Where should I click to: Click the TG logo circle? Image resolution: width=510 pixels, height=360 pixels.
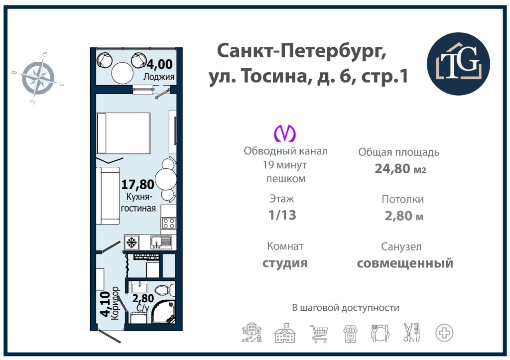(x=458, y=64)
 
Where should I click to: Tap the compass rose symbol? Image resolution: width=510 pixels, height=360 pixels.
(x=38, y=78)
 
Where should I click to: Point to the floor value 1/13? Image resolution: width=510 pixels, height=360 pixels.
(x=282, y=215)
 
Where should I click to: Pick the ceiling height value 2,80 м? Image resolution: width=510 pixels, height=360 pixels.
(x=404, y=216)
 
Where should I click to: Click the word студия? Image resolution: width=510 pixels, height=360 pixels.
(x=285, y=263)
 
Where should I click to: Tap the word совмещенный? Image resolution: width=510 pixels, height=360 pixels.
(x=405, y=263)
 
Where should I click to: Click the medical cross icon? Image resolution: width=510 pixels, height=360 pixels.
(x=444, y=333)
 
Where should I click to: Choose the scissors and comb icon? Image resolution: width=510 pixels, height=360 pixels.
(x=411, y=332)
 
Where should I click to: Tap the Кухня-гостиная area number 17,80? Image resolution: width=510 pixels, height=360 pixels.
(x=137, y=184)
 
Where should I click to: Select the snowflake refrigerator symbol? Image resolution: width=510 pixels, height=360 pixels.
(x=131, y=242)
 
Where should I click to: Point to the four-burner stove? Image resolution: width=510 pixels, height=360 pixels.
(x=169, y=223)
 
